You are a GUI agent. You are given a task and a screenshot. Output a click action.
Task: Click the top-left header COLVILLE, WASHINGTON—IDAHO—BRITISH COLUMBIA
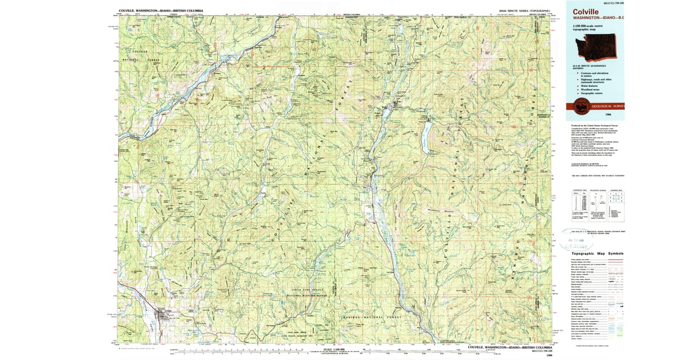tap(161, 11)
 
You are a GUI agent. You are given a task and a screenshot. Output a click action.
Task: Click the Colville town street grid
tap(164, 315)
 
